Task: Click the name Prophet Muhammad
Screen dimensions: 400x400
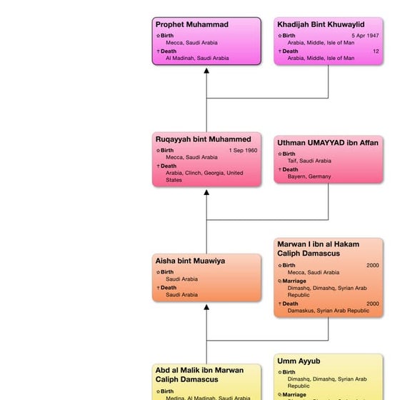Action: (192, 25)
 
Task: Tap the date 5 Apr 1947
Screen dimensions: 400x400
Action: (366, 36)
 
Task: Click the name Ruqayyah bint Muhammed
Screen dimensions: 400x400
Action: (204, 139)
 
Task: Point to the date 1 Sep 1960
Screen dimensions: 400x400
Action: (244, 151)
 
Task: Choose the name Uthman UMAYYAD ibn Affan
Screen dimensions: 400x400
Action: (328, 143)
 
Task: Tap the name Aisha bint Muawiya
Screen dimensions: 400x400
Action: (190, 261)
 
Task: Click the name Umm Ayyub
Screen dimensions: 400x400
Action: (298, 361)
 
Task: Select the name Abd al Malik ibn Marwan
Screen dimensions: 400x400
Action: (199, 370)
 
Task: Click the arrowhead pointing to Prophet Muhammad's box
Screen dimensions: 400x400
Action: (206, 70)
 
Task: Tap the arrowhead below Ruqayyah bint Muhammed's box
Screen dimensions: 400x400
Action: (206, 192)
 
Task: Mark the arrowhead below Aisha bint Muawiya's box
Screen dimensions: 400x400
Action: (206, 307)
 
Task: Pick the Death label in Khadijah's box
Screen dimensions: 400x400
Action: (290, 51)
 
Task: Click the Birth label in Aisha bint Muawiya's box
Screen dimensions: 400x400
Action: (166, 272)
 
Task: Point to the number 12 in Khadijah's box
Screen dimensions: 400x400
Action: (376, 51)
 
